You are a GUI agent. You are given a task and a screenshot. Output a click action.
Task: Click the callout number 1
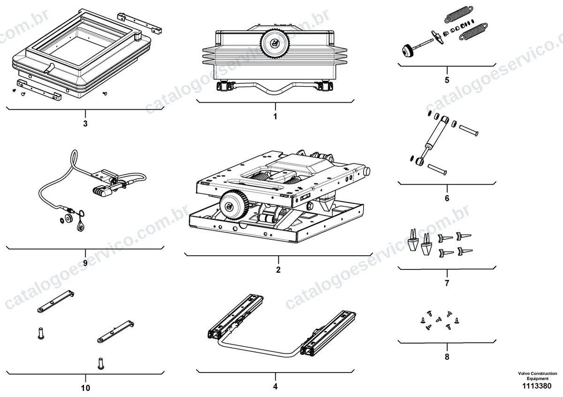(x=275, y=116)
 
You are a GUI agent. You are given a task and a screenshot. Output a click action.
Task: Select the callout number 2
(x=278, y=270)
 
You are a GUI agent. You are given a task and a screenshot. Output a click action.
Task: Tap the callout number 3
(x=85, y=124)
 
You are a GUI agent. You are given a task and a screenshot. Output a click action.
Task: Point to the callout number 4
(x=275, y=386)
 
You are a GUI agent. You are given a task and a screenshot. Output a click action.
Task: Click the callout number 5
(x=447, y=80)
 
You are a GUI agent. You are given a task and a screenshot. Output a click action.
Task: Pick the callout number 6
(x=447, y=198)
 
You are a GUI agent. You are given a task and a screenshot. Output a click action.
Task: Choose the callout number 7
(x=447, y=283)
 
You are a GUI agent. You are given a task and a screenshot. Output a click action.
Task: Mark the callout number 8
(x=447, y=357)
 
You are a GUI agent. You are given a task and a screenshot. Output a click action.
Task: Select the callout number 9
(x=85, y=263)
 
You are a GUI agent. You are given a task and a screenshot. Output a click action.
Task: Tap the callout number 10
(x=85, y=388)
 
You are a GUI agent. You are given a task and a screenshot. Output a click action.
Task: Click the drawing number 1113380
(x=537, y=386)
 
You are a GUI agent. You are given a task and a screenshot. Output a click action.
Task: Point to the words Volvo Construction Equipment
(x=537, y=376)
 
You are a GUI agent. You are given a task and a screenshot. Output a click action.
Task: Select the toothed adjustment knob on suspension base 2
(x=234, y=205)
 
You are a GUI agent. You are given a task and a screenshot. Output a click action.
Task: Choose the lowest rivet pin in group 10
(x=101, y=364)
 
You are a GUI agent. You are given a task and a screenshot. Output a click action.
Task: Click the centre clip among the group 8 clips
(x=439, y=320)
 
